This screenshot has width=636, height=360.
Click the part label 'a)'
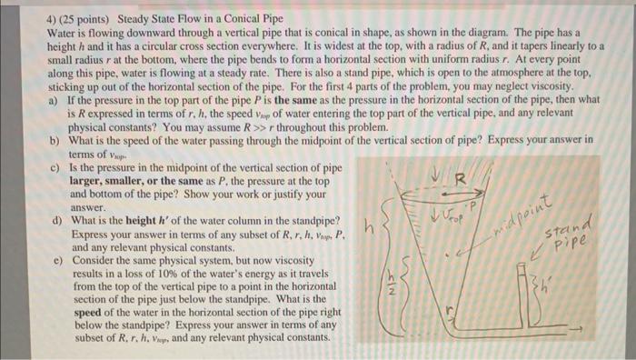(56, 95)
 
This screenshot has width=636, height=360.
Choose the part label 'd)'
(56, 221)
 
